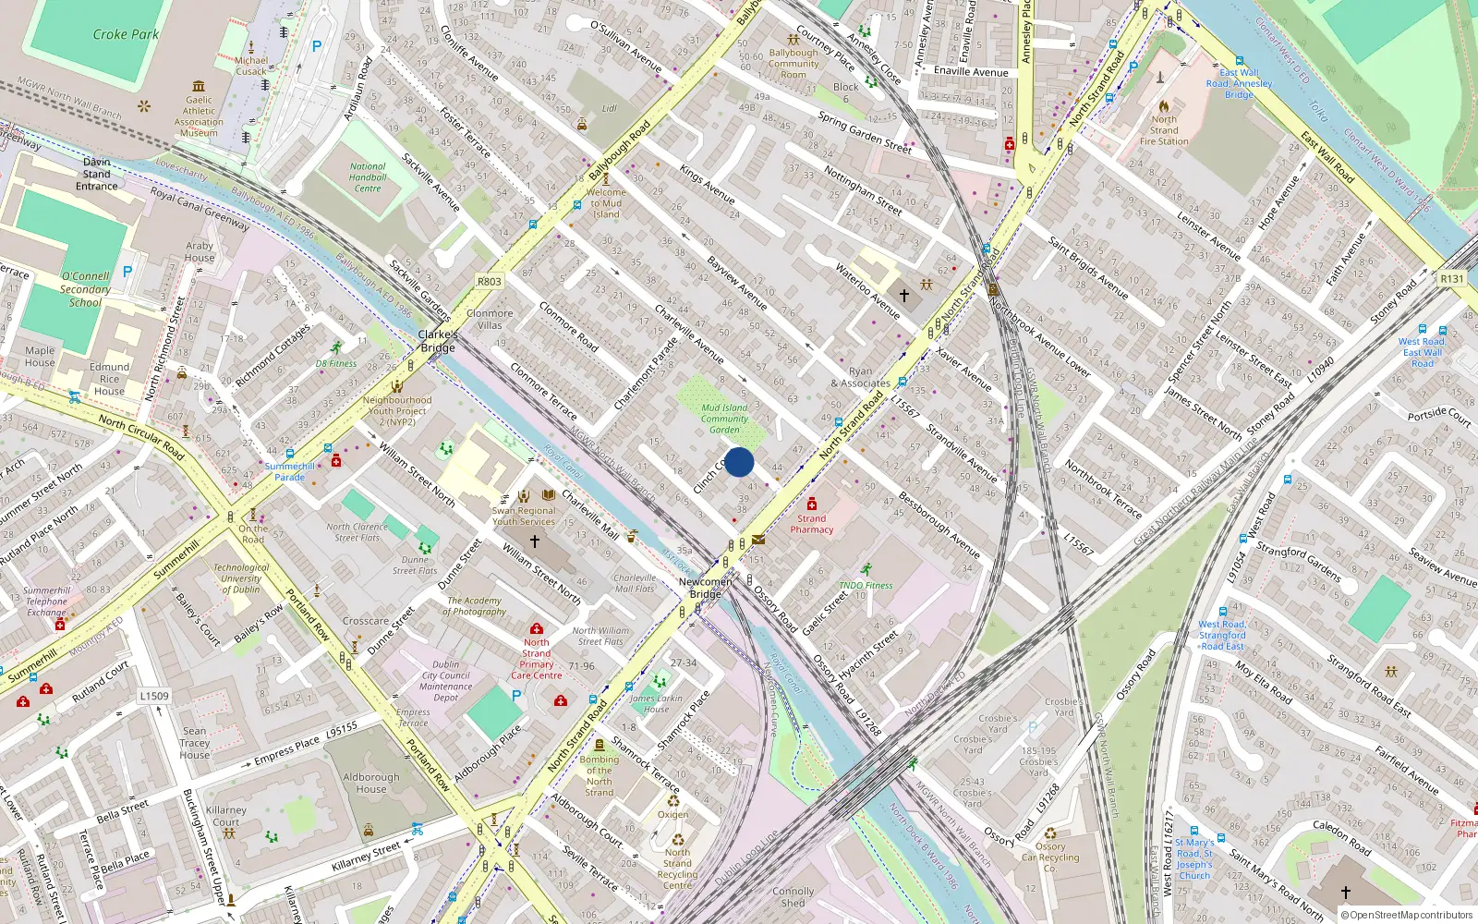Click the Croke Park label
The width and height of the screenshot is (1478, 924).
pyautogui.click(x=126, y=34)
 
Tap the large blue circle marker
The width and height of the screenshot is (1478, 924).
pyautogui.click(x=739, y=462)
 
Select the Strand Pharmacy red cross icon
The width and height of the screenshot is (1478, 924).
pyautogui.click(x=811, y=505)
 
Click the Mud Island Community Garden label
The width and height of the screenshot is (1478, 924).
pyautogui.click(x=724, y=419)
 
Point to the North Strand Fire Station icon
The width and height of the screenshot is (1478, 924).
pyautogui.click(x=1164, y=105)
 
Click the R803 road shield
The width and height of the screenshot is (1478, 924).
pyautogui.click(x=490, y=282)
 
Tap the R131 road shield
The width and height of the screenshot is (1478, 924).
pyautogui.click(x=1451, y=278)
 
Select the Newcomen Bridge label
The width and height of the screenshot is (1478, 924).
pyautogui.click(x=705, y=588)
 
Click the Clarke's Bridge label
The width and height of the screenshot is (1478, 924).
pyautogui.click(x=438, y=341)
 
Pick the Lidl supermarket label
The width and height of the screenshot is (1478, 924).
pyautogui.click(x=609, y=108)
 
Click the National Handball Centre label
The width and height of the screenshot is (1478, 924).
pyautogui.click(x=368, y=177)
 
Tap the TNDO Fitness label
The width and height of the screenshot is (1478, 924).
pyautogui.click(x=866, y=585)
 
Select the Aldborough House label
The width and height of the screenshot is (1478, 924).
pyautogui.click(x=370, y=784)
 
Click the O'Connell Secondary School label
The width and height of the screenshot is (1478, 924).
pyautogui.click(x=85, y=289)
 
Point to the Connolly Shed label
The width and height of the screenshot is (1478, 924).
pyautogui.click(x=793, y=897)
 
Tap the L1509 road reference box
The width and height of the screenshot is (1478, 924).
pyautogui.click(x=154, y=696)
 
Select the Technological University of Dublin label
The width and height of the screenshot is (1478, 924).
pyautogui.click(x=241, y=578)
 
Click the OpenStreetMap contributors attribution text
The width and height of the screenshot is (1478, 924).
pyautogui.click(x=1406, y=915)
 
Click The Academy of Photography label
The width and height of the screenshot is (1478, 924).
pyautogui.click(x=474, y=606)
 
